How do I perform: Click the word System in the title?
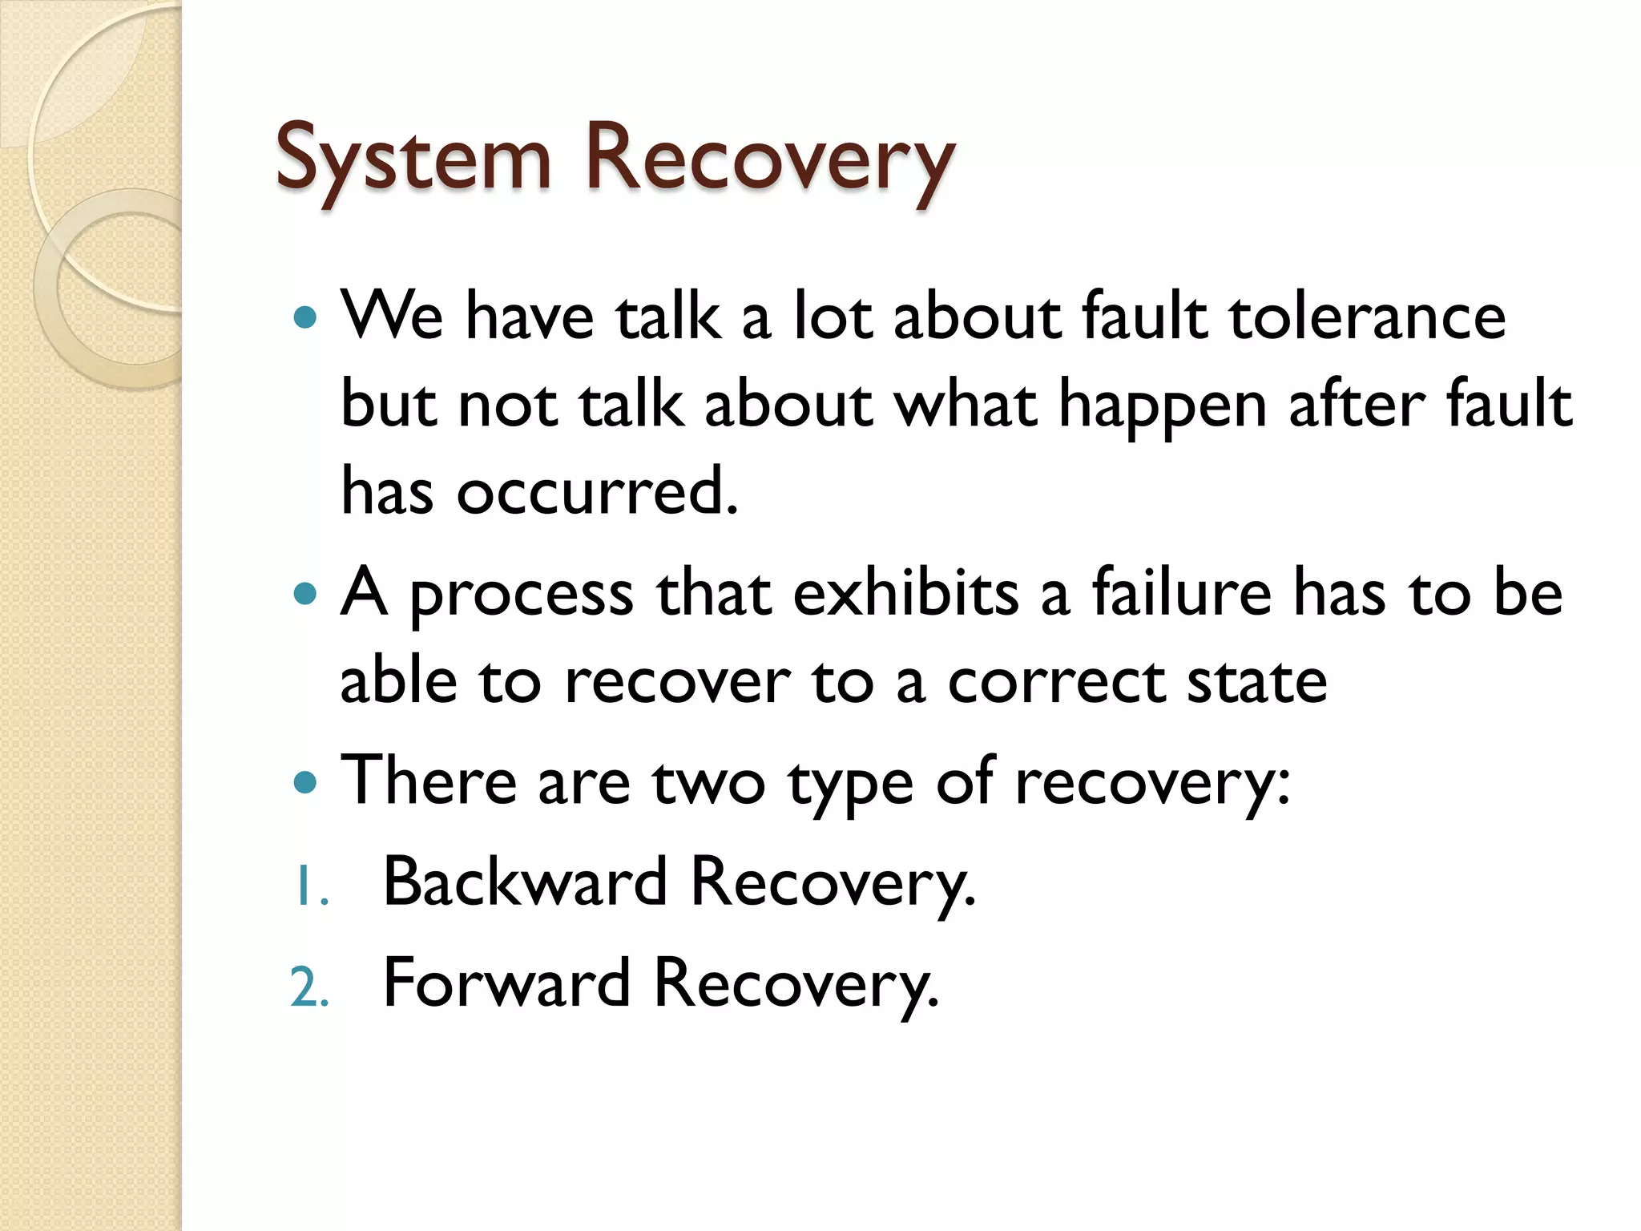[413, 159]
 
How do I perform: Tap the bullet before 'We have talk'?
[305, 317]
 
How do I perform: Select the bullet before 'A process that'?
[305, 594]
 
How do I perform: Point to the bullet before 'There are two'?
[305, 781]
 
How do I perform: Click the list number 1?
[309, 888]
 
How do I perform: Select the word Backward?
[525, 882]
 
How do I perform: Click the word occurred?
[596, 491]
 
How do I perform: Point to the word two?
[708, 783]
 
